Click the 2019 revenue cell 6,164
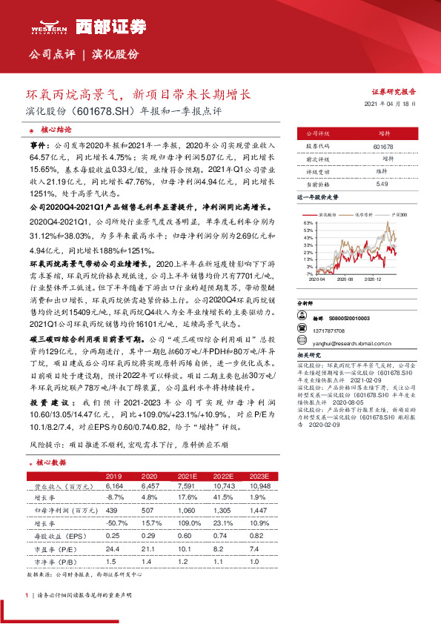tap(113, 486)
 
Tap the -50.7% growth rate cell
tap(115, 522)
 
